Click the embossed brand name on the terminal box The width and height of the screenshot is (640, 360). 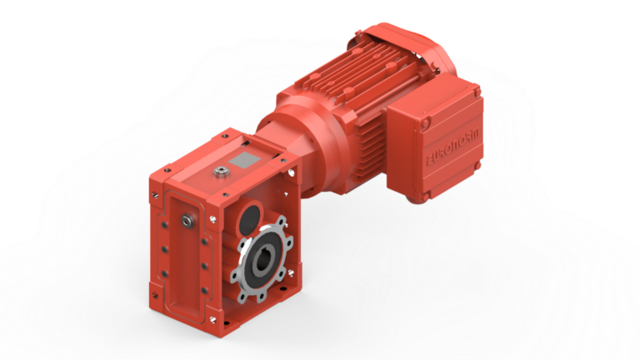coord(450,147)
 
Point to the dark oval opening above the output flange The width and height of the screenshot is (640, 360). coord(247,218)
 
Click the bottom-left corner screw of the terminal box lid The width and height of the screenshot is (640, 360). coord(426,197)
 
